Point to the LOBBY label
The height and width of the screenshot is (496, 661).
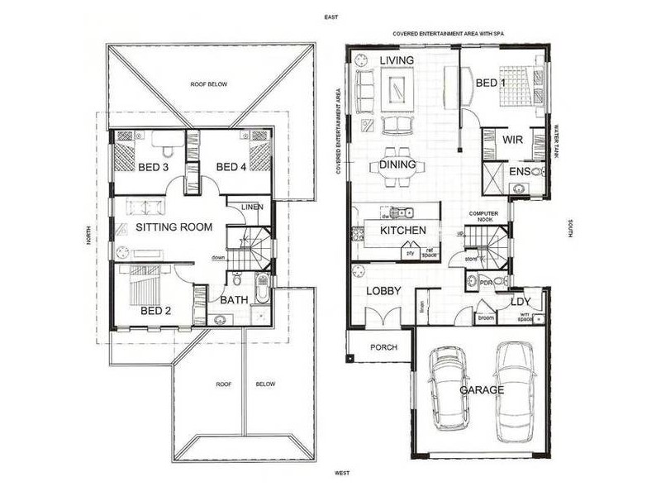[x=385, y=291]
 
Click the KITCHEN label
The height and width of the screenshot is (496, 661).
[x=403, y=231]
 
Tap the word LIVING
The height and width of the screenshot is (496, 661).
[x=397, y=61]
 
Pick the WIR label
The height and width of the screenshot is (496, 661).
[x=513, y=140]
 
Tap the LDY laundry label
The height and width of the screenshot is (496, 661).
[x=521, y=302]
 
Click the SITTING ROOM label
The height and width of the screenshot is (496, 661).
[x=174, y=227]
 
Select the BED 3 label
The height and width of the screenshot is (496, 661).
[x=153, y=168]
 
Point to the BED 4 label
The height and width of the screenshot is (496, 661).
[x=231, y=168]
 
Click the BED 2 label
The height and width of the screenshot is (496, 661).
[x=155, y=311]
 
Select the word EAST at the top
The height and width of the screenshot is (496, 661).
[x=332, y=16]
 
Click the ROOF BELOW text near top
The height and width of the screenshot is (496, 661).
[x=208, y=84]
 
